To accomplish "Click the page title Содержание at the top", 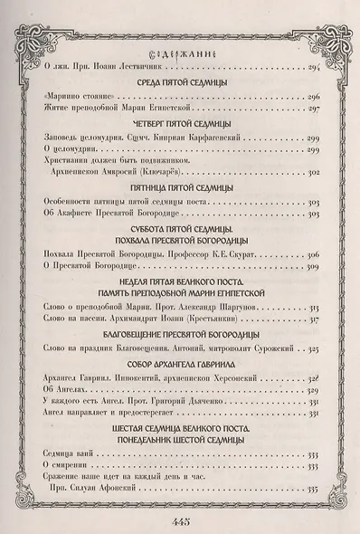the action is point(179,52).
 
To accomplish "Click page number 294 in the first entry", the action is point(313,66).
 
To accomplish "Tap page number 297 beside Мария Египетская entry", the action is point(313,108).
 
